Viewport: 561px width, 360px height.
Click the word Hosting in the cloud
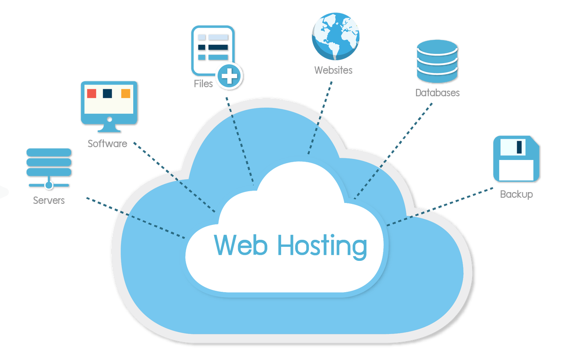(x=322, y=246)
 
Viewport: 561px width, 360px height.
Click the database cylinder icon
(x=436, y=61)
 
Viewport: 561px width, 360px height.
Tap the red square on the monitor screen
(x=92, y=93)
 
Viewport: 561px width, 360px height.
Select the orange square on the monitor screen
(x=126, y=93)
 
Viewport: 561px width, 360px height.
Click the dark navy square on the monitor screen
(x=108, y=93)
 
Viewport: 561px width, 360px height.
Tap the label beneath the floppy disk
(x=516, y=194)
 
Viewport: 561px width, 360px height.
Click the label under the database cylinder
(x=438, y=93)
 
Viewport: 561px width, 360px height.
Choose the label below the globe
(x=333, y=71)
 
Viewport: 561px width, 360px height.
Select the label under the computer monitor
(x=107, y=143)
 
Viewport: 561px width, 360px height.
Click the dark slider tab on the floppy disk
(x=519, y=147)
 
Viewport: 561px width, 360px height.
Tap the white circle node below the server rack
(x=49, y=185)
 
